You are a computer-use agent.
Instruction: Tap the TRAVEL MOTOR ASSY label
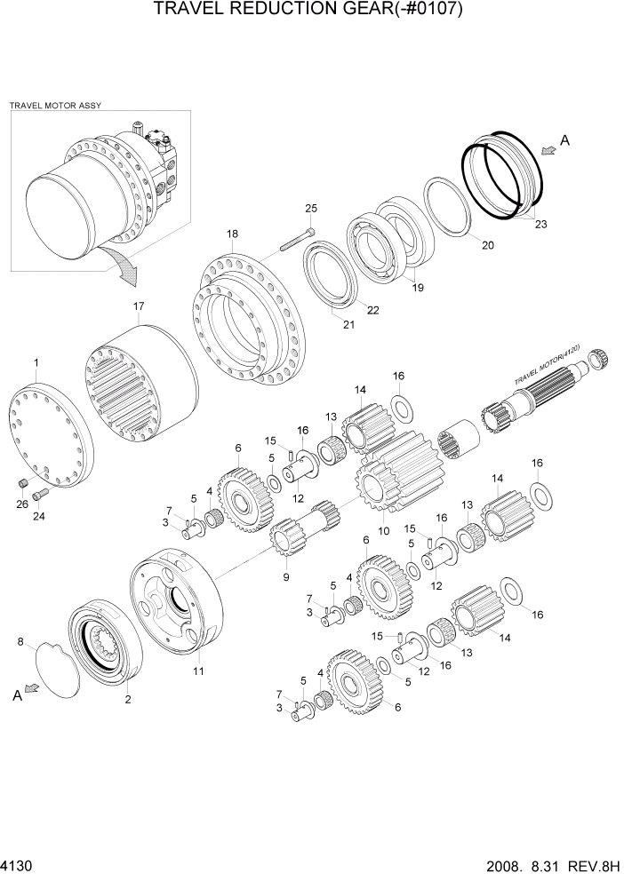(x=55, y=105)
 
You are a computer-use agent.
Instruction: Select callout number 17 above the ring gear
(x=139, y=306)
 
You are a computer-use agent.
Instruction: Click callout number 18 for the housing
(x=232, y=234)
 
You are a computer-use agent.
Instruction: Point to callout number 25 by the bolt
(x=310, y=209)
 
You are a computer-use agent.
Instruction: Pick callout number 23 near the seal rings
(x=540, y=225)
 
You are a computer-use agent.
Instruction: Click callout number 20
(x=487, y=245)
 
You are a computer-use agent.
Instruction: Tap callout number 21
(x=348, y=324)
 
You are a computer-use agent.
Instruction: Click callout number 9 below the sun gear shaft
(x=286, y=576)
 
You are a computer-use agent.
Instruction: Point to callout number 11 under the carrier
(x=197, y=671)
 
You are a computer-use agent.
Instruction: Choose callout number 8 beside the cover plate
(x=20, y=639)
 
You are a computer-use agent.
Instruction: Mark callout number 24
(x=39, y=516)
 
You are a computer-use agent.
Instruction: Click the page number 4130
(x=16, y=865)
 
